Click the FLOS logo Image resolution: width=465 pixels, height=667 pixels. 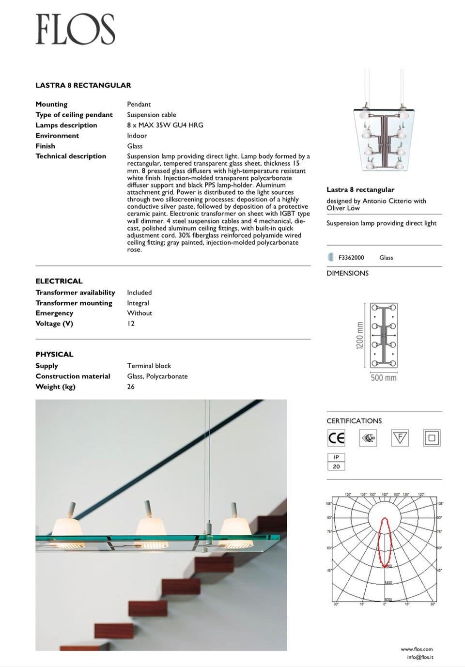click(75, 29)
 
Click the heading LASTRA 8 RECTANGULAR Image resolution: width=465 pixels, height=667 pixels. click(83, 85)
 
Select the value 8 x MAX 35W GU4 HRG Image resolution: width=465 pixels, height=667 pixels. click(165, 125)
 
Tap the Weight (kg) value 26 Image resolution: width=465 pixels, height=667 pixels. click(131, 387)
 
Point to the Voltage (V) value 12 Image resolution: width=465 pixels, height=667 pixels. click(131, 324)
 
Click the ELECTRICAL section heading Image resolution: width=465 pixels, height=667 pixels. click(59, 281)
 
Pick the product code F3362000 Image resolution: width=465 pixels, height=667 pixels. click(351, 258)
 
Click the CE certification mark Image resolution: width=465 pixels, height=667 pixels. click(336, 438)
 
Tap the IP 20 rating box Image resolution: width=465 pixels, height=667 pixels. click(336, 462)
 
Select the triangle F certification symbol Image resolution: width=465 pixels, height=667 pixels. click(400, 438)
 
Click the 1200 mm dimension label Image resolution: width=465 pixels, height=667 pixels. click(360, 337)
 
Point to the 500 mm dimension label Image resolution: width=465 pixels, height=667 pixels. click(383, 378)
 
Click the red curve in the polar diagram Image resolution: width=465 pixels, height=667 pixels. click(385, 543)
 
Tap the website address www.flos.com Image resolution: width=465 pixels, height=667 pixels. click(417, 649)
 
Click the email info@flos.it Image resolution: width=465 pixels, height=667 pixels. click(420, 657)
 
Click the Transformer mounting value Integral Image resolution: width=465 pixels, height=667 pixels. click(138, 303)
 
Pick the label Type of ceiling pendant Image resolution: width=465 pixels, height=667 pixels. click(74, 115)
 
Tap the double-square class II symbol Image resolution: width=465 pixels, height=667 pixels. click(432, 438)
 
